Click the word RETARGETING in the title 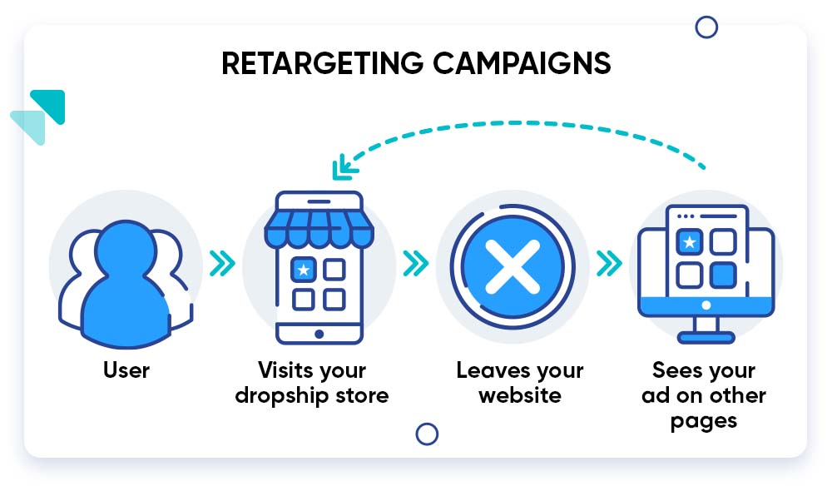pyautogui.click(x=323, y=64)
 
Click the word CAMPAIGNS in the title pyautogui.click(x=522, y=64)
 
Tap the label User pyautogui.click(x=126, y=370)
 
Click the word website pyautogui.click(x=520, y=395)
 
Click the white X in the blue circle pyautogui.click(x=513, y=267)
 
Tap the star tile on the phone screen pyautogui.click(x=304, y=270)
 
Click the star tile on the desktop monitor pyautogui.click(x=689, y=242)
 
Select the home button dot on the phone pyautogui.click(x=319, y=334)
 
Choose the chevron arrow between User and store pyautogui.click(x=222, y=264)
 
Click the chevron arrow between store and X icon pyautogui.click(x=415, y=264)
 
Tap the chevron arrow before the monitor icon pyautogui.click(x=609, y=264)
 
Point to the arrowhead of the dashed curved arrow pyautogui.click(x=344, y=166)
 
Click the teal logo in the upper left pyautogui.click(x=38, y=117)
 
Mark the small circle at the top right pyautogui.click(x=706, y=27)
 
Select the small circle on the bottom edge pyautogui.click(x=427, y=434)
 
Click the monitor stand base pyautogui.click(x=706, y=338)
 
